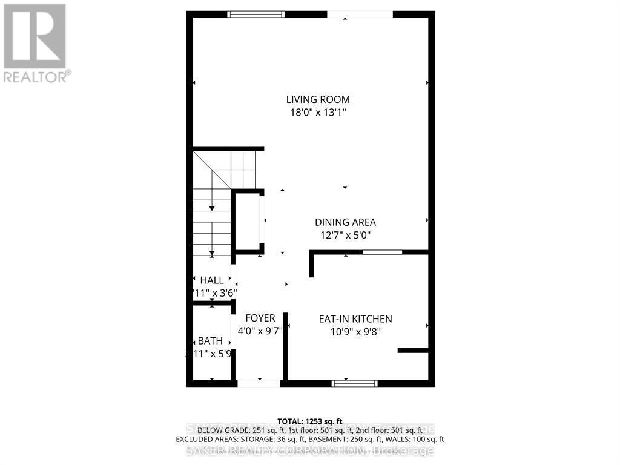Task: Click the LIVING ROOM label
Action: point(318,99)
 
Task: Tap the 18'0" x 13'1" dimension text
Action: point(318,112)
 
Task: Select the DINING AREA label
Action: point(345,222)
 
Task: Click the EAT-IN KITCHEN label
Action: point(356,319)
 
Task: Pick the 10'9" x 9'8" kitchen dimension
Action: point(356,332)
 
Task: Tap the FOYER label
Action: point(260,318)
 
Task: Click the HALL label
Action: point(212,280)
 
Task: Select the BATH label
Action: point(211,341)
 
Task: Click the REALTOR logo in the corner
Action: point(35,42)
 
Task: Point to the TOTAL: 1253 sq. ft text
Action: point(310,421)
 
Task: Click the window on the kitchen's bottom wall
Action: point(355,383)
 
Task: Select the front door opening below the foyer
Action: point(259,383)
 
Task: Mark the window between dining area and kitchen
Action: point(381,252)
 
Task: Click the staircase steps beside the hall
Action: point(212,218)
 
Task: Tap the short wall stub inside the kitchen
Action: point(413,350)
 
